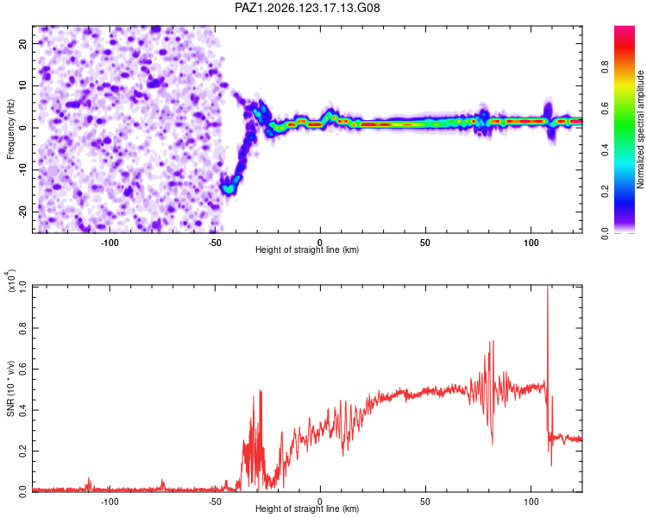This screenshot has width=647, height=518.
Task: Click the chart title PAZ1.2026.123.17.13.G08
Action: pyautogui.click(x=307, y=8)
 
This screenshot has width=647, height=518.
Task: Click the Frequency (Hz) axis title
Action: pyautogui.click(x=10, y=129)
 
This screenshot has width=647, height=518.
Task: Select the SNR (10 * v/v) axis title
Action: pyautogui.click(x=10, y=388)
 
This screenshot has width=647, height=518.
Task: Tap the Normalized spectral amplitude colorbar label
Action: pyautogui.click(x=640, y=129)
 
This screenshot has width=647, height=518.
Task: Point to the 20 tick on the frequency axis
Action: pyautogui.click(x=22, y=43)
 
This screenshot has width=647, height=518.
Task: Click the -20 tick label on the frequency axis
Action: pyautogui.click(x=22, y=212)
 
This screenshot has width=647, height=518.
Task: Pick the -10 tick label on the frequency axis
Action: pyautogui.click(x=22, y=170)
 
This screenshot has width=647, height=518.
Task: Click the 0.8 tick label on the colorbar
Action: pyautogui.click(x=605, y=66)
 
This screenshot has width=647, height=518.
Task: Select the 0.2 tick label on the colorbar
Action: pyautogui.click(x=605, y=192)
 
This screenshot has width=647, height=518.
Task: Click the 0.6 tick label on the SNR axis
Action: pyautogui.click(x=22, y=369)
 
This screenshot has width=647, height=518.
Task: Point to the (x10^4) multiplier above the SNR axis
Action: pyautogui.click(x=11, y=281)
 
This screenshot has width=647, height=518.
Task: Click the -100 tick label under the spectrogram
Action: pyautogui.click(x=110, y=243)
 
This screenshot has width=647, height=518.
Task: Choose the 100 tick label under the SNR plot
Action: pyautogui.click(x=531, y=502)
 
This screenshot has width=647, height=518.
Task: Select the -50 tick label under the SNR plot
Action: pyautogui.click(x=215, y=502)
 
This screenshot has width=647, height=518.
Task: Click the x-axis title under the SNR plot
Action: pyautogui.click(x=307, y=509)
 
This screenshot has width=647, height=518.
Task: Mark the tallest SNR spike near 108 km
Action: pyautogui.click(x=548, y=287)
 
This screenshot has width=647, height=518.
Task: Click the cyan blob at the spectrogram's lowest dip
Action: pyautogui.click(x=228, y=189)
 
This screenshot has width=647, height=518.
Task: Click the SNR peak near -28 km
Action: pyautogui.click(x=261, y=390)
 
